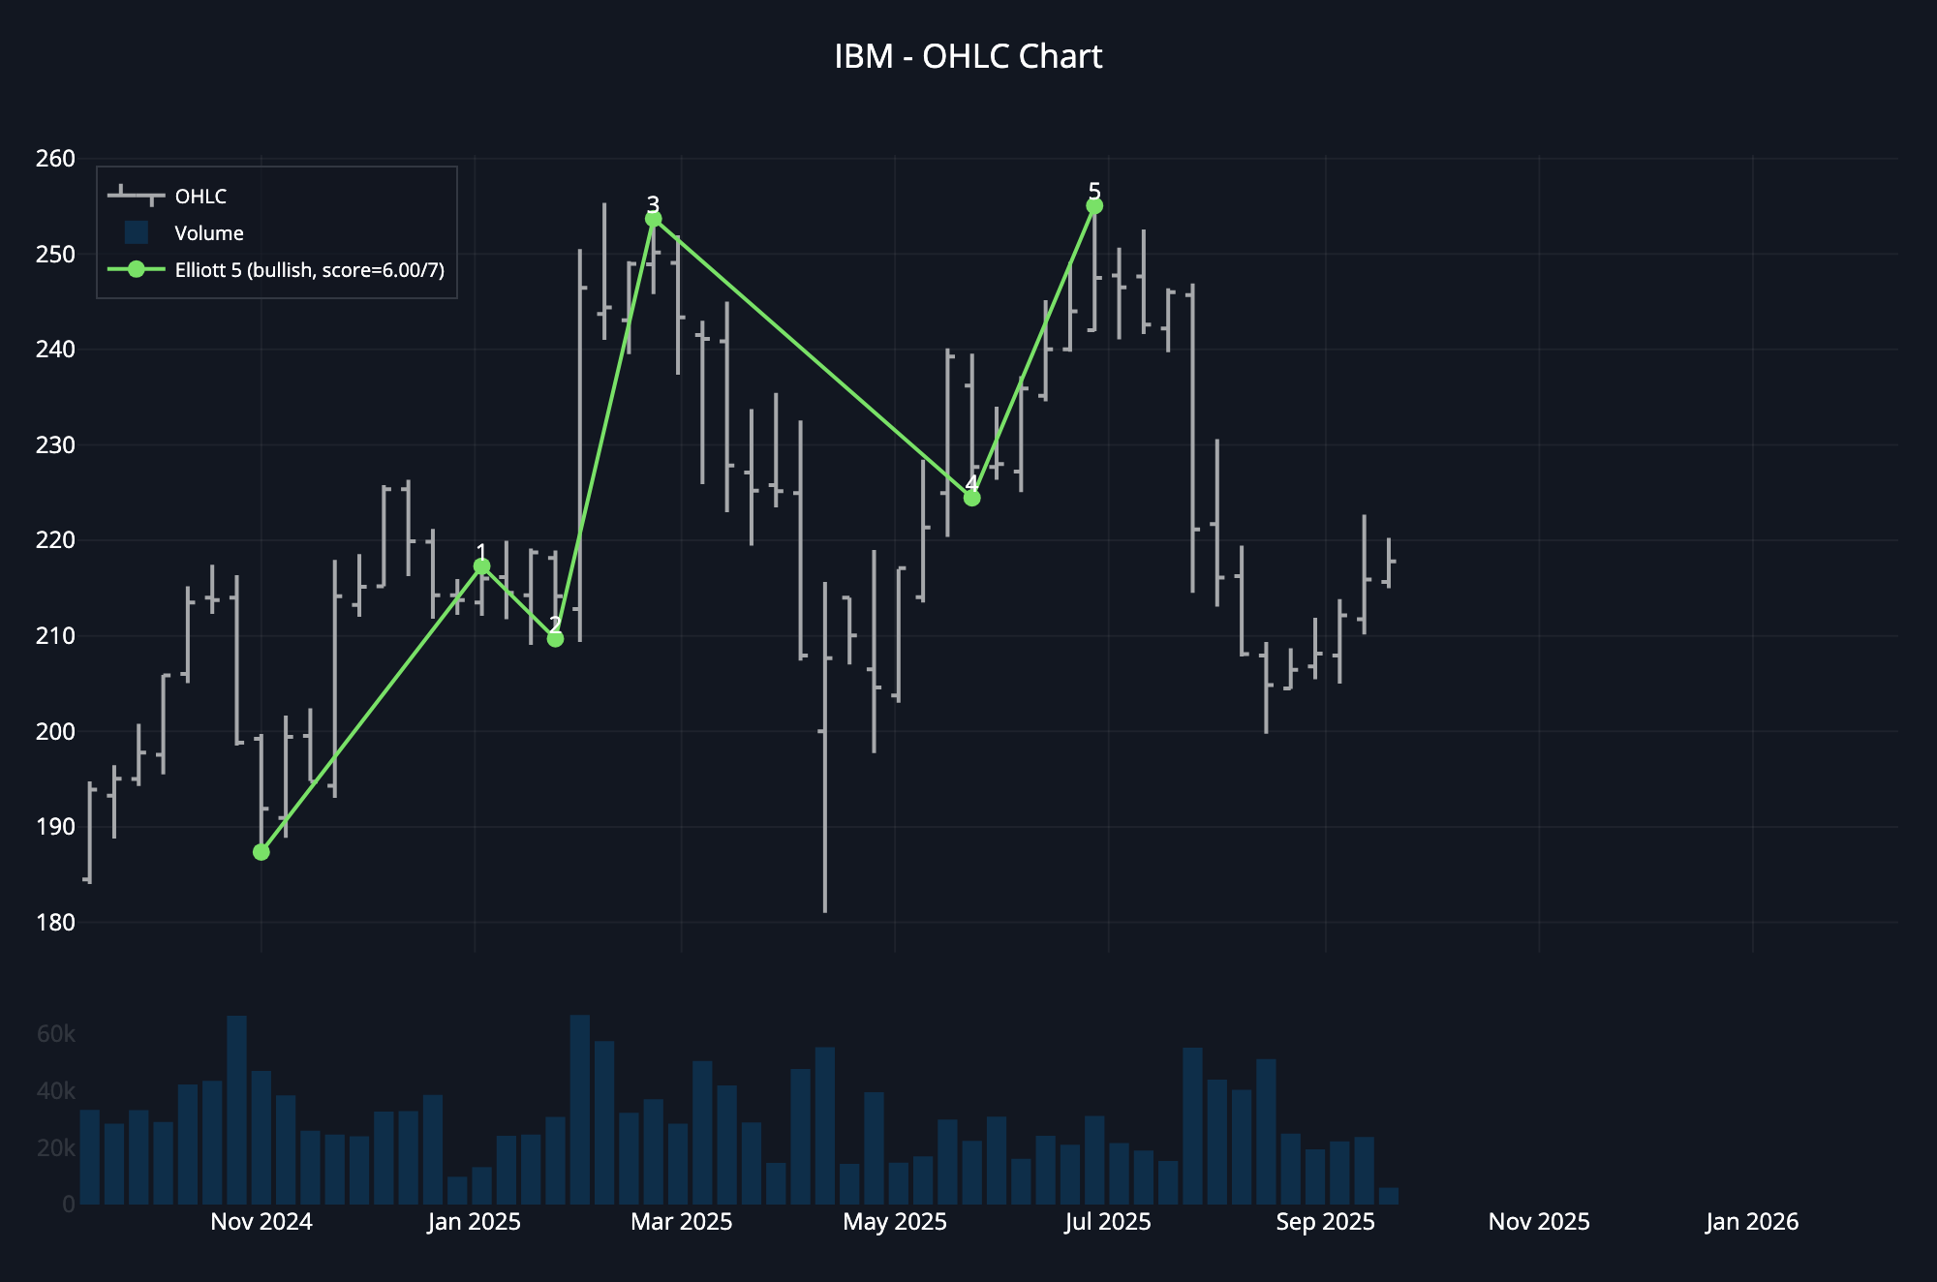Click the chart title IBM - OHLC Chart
tap(968, 57)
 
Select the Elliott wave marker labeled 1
tap(481, 566)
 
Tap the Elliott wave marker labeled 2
tap(555, 639)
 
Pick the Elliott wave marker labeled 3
tap(654, 219)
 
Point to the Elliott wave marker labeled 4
tap(971, 498)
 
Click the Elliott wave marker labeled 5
tap(1094, 206)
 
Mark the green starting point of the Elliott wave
tap(261, 852)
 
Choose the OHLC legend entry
tap(200, 197)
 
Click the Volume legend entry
tap(208, 233)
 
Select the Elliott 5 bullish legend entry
tap(309, 270)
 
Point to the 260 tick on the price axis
tap(55, 159)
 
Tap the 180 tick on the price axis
tap(55, 922)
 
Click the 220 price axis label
tap(55, 540)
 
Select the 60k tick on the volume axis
tap(55, 1034)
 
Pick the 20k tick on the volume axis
tap(55, 1148)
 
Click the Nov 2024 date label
tap(261, 1222)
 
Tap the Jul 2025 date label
tap(1107, 1222)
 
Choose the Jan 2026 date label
tap(1751, 1222)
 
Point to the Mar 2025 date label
tap(681, 1222)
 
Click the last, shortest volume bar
tap(1388, 1197)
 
